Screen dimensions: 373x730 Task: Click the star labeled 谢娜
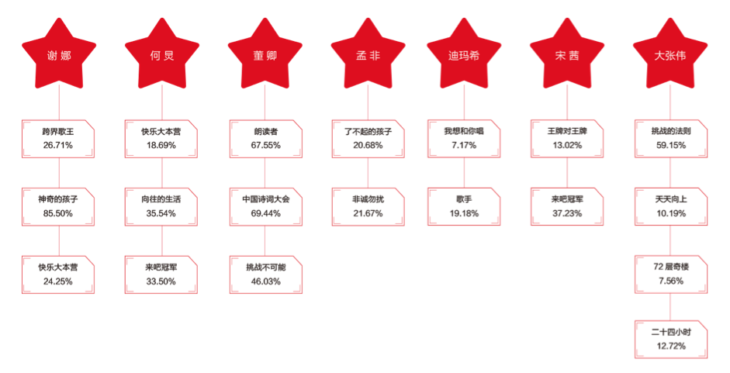(59, 53)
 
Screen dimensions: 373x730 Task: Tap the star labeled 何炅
(161, 53)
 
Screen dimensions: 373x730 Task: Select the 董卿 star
(264, 53)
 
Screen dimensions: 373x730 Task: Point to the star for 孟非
(367, 53)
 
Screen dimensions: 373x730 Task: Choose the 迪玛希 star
(463, 53)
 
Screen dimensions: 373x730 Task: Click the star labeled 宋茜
(566, 53)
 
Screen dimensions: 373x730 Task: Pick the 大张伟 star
(669, 53)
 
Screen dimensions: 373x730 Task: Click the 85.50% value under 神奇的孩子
(57, 213)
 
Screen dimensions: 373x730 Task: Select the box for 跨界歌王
(58, 138)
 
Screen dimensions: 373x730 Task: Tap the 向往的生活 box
(161, 206)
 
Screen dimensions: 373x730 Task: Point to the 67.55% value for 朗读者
(264, 145)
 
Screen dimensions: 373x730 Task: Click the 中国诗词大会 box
(264, 206)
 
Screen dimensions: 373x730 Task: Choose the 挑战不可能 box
(264, 274)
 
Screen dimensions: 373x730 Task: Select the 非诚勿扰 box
(367, 206)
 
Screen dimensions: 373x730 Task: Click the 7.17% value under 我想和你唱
(463, 145)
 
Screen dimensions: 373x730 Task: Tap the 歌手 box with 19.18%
(463, 206)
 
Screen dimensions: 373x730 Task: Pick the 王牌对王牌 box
(566, 138)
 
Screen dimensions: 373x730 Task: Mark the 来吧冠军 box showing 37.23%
(566, 206)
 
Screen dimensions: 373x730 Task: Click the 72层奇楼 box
(670, 274)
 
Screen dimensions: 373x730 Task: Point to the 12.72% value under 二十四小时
(670, 345)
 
